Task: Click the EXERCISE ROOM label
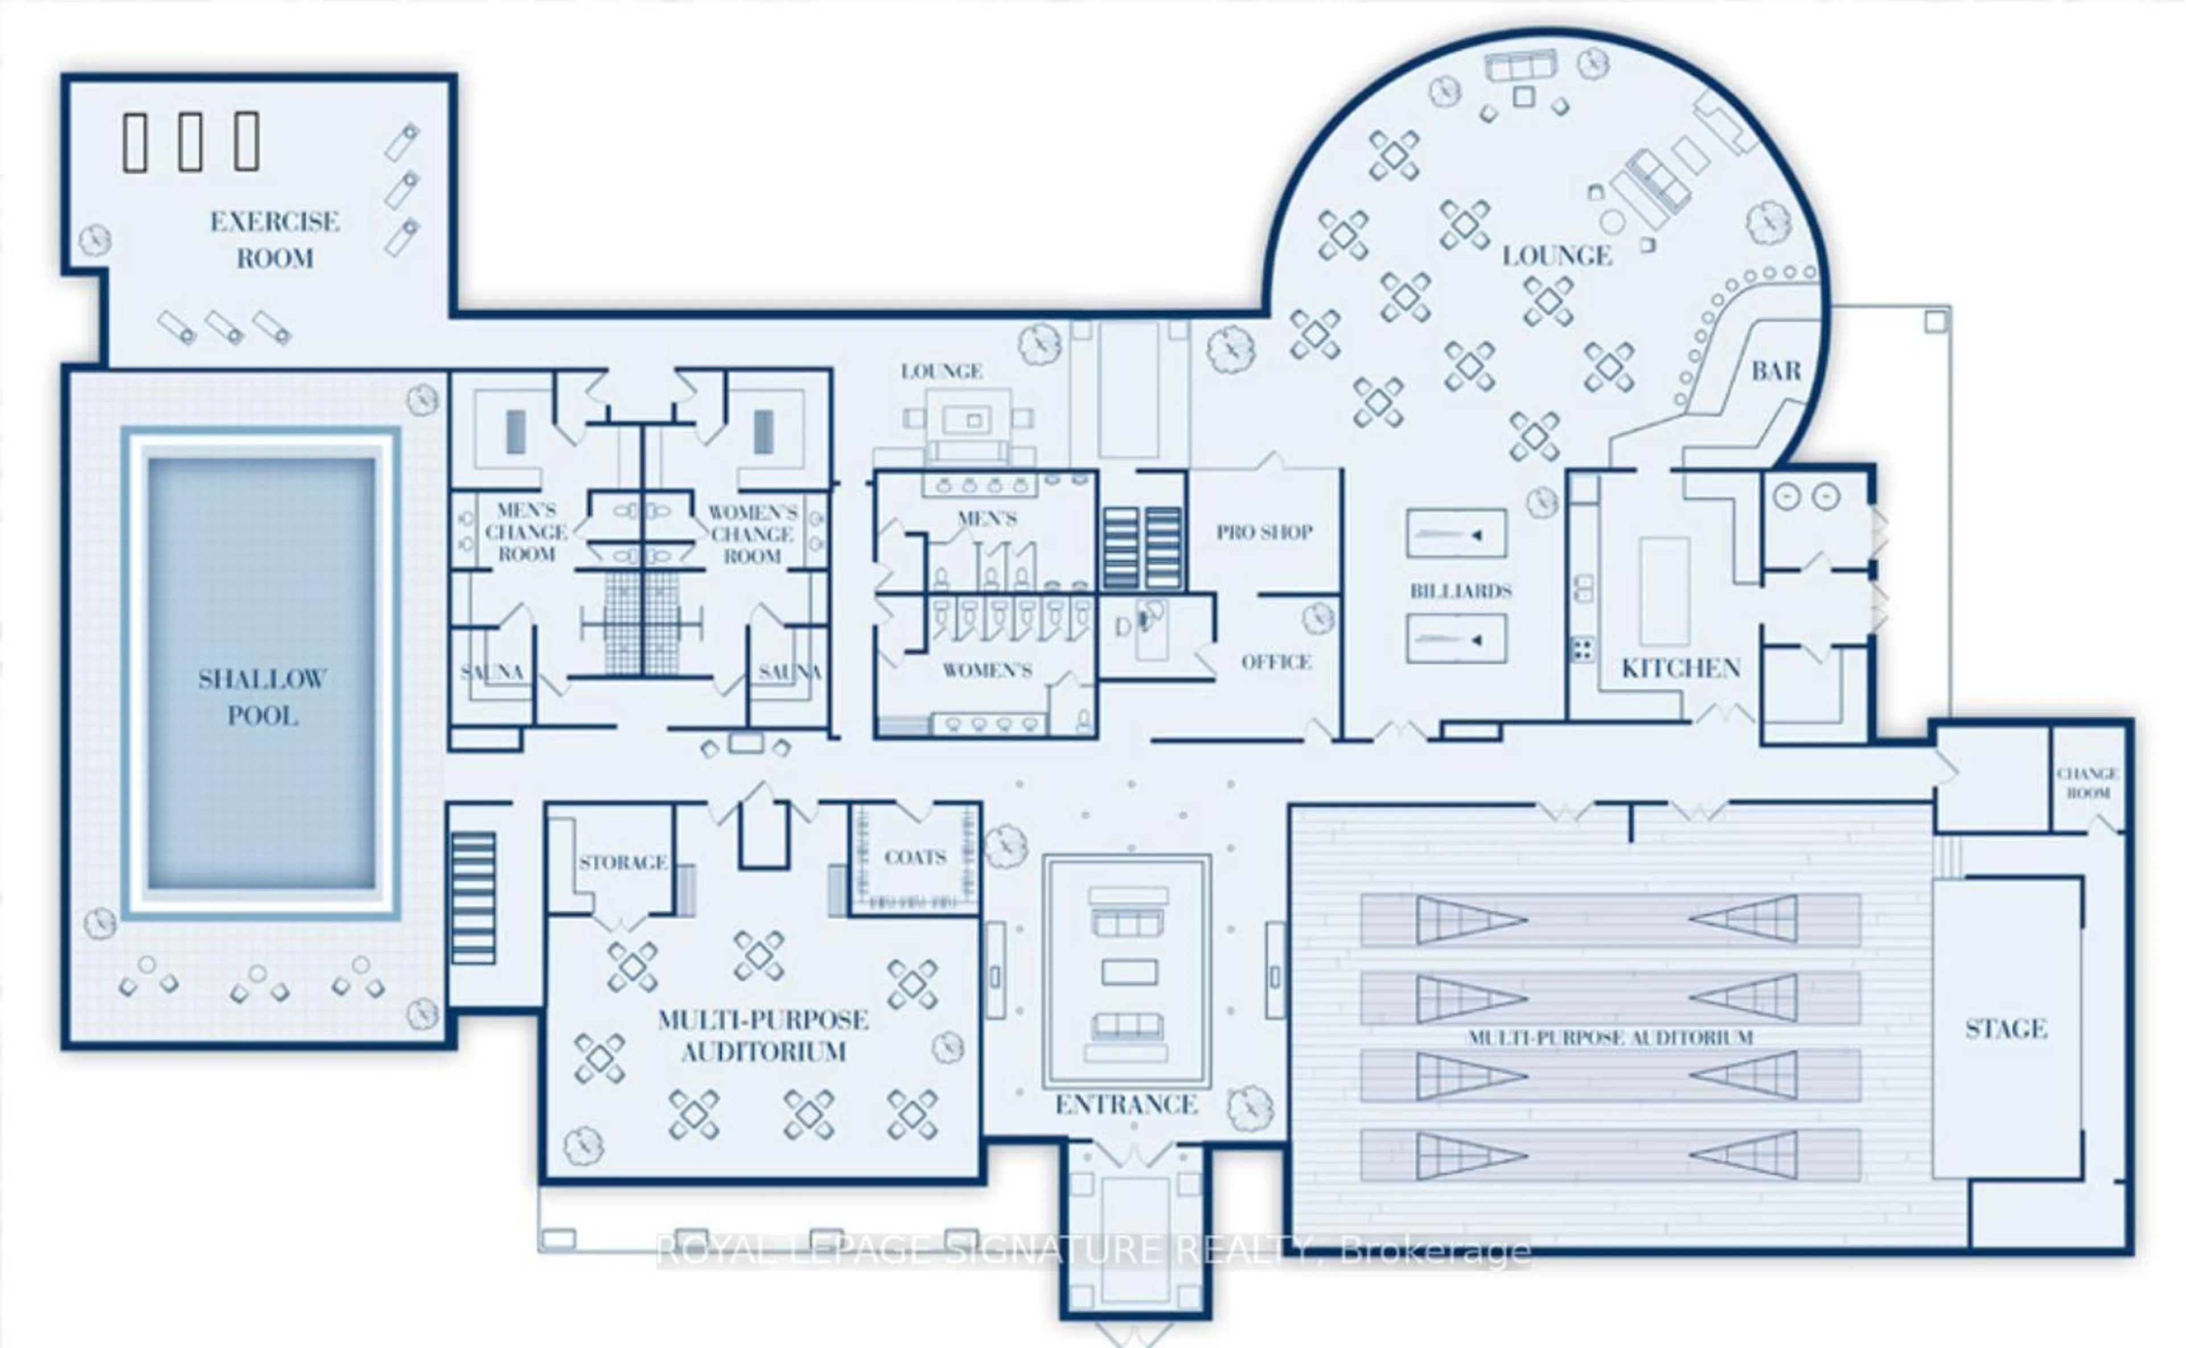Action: [x=274, y=240]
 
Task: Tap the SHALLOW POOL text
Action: [x=262, y=697]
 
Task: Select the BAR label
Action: [x=1776, y=371]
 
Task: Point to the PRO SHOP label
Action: [x=1264, y=532]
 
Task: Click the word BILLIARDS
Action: [x=1460, y=591]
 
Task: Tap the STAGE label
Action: [x=2006, y=1029]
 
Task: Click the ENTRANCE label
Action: [x=1126, y=1104]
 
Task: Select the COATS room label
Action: [x=915, y=858]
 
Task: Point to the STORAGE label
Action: [x=622, y=862]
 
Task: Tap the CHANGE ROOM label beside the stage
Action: [x=2088, y=783]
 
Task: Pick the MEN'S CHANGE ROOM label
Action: [x=526, y=532]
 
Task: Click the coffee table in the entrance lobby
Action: [x=1129, y=972]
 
